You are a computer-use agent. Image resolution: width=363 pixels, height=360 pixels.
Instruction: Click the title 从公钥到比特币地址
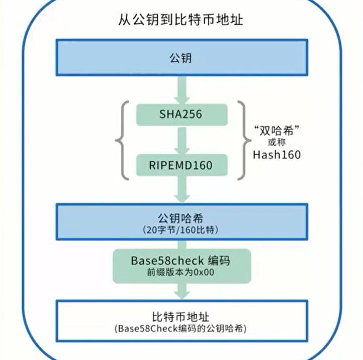180,20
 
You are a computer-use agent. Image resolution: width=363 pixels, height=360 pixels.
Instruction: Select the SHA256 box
181,114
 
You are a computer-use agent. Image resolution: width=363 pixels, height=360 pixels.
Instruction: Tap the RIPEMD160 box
181,165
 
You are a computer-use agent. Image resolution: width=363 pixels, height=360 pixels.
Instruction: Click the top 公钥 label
180,58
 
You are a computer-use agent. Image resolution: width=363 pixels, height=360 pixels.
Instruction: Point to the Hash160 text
277,155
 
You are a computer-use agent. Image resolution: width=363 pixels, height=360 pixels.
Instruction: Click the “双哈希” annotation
277,130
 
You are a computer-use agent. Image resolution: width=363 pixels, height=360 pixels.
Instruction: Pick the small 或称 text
277,142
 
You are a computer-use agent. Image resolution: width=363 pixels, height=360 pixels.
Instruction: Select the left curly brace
122,141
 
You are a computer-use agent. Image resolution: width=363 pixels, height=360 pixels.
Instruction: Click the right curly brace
244,141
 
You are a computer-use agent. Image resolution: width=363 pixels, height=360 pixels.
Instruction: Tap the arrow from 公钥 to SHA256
181,90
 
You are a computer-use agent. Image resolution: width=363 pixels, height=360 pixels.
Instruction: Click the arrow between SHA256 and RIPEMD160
181,140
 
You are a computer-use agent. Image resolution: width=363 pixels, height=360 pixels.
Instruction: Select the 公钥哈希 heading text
180,218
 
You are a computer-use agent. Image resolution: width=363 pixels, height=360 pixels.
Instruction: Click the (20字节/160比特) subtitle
180,230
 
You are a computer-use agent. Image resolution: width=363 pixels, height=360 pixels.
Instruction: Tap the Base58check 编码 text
180,261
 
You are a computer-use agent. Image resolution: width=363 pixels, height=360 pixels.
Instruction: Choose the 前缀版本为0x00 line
180,272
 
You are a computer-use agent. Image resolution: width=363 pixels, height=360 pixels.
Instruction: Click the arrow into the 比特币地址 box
181,291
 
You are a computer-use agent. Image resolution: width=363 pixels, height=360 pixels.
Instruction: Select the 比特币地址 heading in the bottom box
180,317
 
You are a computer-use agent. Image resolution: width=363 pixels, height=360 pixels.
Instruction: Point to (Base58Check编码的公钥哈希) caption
180,328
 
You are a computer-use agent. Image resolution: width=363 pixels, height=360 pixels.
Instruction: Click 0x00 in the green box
204,272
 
